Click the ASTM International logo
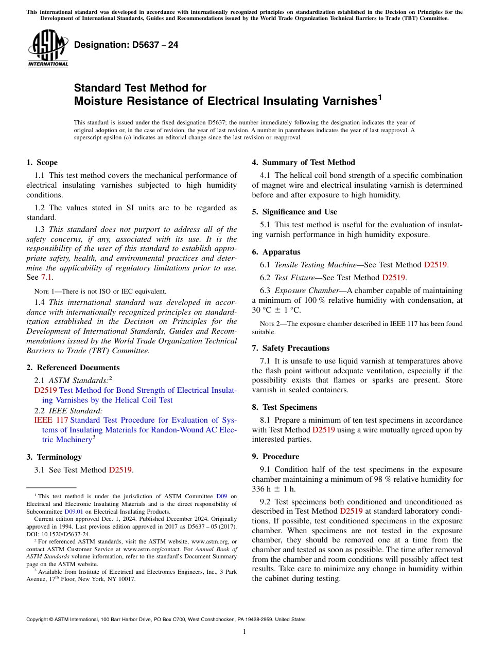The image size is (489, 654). click(48, 48)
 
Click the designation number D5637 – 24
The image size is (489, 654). click(126, 45)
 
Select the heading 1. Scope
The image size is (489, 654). click(42, 162)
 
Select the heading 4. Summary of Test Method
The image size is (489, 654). click(303, 162)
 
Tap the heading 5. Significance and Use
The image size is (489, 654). click(294, 212)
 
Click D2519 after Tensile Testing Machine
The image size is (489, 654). click(435, 265)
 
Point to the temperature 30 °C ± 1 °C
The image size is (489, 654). click(276, 310)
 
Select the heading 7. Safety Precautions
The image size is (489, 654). click(290, 348)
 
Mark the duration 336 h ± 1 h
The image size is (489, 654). click(274, 489)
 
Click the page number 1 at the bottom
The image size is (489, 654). click(244, 632)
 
